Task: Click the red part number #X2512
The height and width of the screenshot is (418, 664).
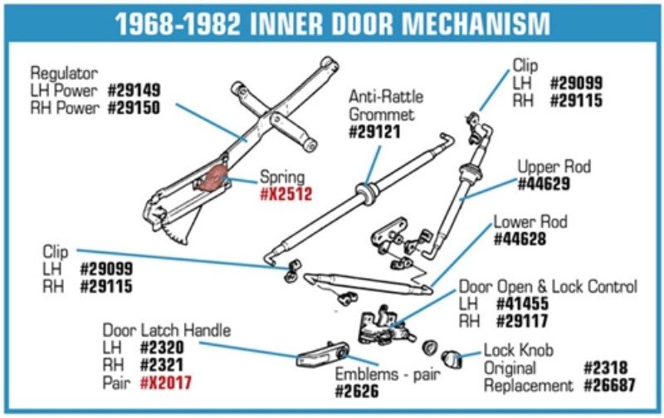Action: [286, 195]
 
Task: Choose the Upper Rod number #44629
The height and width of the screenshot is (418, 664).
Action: [544, 184]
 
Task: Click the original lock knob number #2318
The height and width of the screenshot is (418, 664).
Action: [605, 368]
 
